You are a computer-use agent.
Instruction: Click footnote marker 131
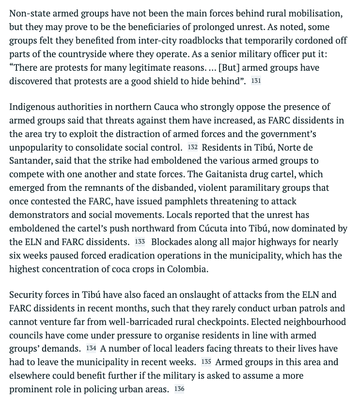256,81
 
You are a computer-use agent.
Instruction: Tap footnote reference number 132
192,147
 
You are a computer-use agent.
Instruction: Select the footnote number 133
140,242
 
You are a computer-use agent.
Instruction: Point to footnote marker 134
91,348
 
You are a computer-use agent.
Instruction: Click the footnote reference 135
206,362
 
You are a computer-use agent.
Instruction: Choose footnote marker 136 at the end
179,389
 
